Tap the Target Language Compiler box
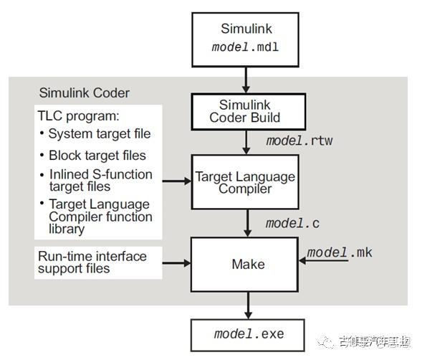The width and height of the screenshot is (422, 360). [x=244, y=181]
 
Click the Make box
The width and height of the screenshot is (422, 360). [x=248, y=265]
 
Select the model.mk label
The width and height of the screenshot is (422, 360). [x=340, y=252]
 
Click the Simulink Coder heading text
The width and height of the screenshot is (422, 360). [x=85, y=93]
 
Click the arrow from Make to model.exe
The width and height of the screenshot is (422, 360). [x=248, y=305]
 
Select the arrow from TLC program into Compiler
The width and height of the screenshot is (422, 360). [x=176, y=181]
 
